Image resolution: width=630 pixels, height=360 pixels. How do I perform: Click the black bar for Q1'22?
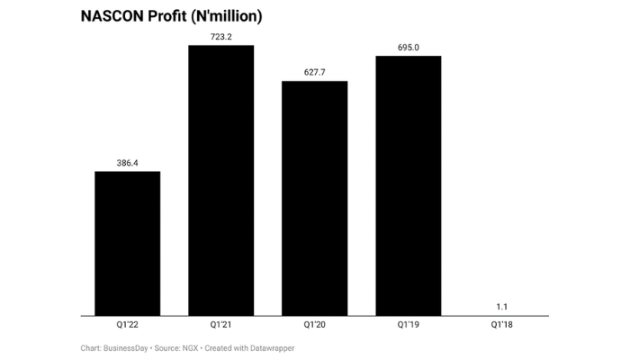point(127,243)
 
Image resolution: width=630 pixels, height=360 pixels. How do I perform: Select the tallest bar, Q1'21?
point(220,180)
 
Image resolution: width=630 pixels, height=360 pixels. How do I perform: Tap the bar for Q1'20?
point(314,198)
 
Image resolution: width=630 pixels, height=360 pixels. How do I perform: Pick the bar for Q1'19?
point(408,185)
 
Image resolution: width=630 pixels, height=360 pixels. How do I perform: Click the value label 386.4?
point(127,163)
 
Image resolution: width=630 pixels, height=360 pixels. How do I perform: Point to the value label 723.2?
point(220,37)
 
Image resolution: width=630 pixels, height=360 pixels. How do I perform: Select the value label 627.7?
point(314,73)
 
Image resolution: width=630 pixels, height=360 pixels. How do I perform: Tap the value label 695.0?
point(408,48)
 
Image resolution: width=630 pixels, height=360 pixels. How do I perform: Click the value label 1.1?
point(501,307)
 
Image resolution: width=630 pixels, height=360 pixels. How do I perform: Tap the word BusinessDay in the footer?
point(127,347)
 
